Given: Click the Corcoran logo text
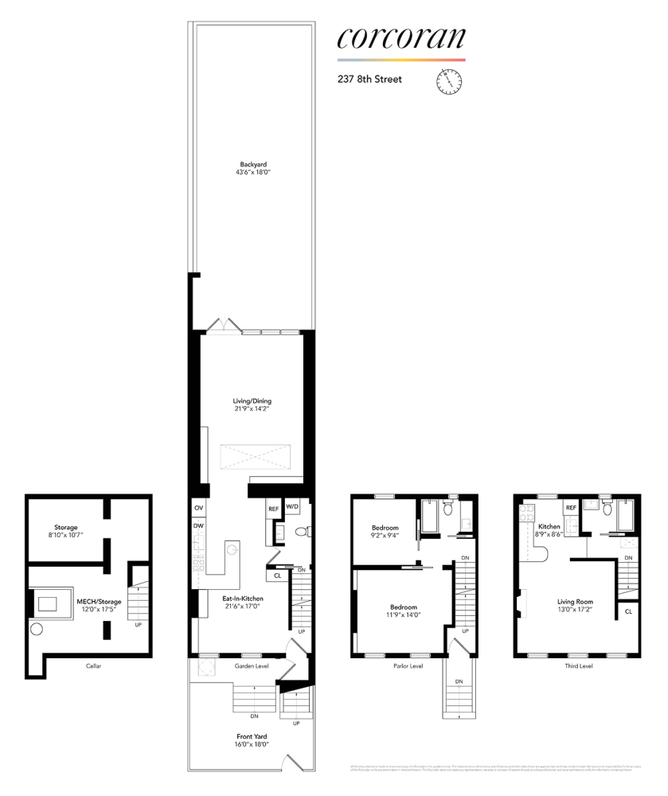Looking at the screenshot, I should (401, 38).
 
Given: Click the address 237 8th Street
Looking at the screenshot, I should (369, 80).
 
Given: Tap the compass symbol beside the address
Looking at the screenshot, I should (449, 80).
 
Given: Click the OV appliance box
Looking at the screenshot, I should (197, 508).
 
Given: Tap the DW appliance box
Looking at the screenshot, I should (197, 525).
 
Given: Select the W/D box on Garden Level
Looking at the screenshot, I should (292, 507).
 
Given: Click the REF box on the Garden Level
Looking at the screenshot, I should (273, 508).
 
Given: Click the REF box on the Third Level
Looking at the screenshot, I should (570, 507).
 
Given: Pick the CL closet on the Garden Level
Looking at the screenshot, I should (277, 575).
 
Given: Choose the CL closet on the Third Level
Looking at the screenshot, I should (628, 611).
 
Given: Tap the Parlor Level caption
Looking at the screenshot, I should (408, 666).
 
